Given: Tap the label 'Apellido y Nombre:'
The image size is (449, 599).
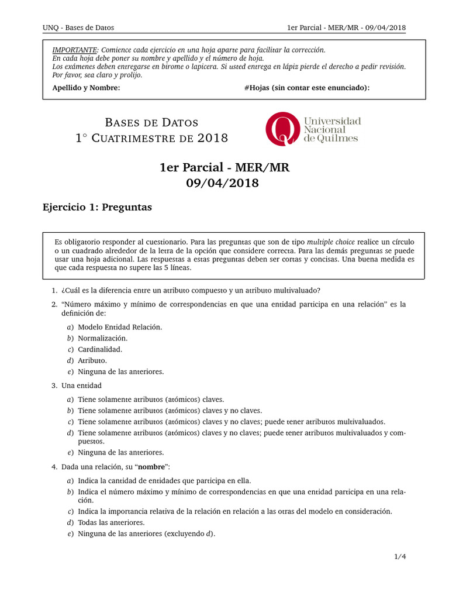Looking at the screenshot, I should pyautogui.click(x=86, y=88).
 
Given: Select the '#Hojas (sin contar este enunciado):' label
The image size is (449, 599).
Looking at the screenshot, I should pyautogui.click(x=307, y=88).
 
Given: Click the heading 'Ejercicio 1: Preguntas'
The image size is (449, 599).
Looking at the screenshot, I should pyautogui.click(x=97, y=207).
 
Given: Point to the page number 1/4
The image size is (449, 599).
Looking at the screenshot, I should pyautogui.click(x=400, y=557).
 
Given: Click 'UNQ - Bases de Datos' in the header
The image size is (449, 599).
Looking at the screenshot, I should pyautogui.click(x=78, y=27).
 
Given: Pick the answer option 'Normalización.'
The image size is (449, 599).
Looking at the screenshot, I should pyautogui.click(x=102, y=338).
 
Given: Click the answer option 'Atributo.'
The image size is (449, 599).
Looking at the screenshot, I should pyautogui.click(x=92, y=360).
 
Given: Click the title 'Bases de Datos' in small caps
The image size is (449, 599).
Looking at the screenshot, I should pyautogui.click(x=151, y=123).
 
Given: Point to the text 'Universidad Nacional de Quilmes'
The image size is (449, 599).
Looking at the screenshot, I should pyautogui.click(x=331, y=129).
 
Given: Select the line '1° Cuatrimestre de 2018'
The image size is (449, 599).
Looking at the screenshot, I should pyautogui.click(x=151, y=138).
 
